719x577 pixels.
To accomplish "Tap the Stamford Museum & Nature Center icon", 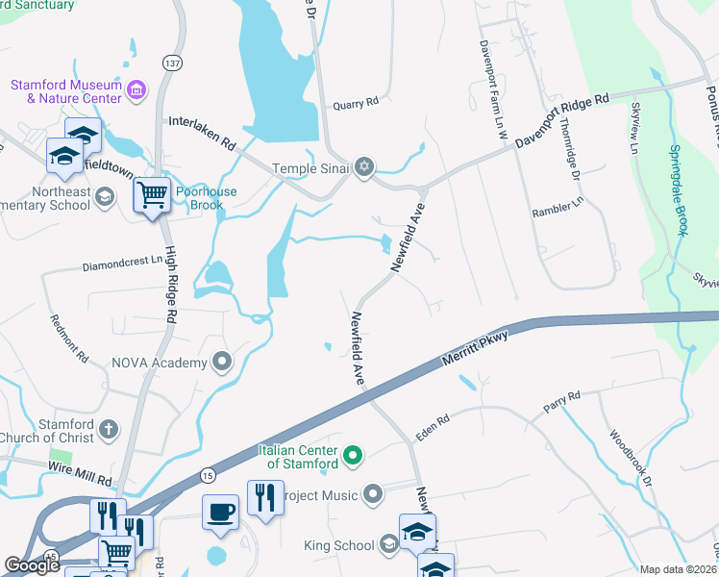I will click(136, 91).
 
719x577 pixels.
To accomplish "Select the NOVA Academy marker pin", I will click(222, 363).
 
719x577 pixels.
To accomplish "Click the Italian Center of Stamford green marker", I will click(352, 455).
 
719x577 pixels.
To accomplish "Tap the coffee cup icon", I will click(220, 512).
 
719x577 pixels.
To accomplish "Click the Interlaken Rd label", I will click(202, 133).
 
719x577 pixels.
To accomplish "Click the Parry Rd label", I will click(562, 400).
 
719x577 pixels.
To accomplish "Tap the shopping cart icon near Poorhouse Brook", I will click(152, 196).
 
